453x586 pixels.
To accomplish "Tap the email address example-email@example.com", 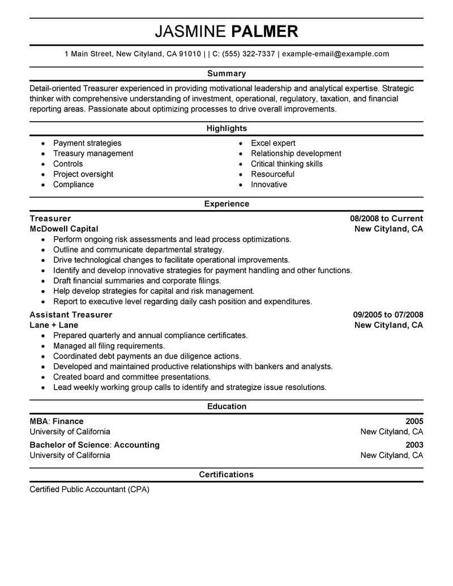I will point(335,54).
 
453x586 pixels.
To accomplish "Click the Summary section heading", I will point(226,74).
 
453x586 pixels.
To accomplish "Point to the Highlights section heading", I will point(226,129).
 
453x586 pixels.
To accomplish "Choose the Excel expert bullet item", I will point(273,143).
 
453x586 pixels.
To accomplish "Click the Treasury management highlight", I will point(93,153).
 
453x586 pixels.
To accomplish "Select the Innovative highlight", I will point(269,185).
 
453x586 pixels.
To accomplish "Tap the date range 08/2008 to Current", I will point(386,219).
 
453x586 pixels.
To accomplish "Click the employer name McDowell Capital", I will point(64,229).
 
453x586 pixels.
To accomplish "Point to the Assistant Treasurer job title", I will point(71,315).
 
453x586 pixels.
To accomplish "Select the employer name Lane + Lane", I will point(54,326).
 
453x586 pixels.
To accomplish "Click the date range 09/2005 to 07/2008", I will point(388,315).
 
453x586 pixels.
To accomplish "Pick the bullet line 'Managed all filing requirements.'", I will point(109,346).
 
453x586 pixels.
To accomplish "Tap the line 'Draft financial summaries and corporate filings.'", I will point(137,281).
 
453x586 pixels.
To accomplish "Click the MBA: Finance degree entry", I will point(57,421).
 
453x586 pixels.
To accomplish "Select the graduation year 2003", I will point(414,445).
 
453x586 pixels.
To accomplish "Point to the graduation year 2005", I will point(414,421).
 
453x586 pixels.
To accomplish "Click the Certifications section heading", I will point(226,474).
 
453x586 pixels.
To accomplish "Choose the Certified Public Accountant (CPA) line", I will point(89,489).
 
